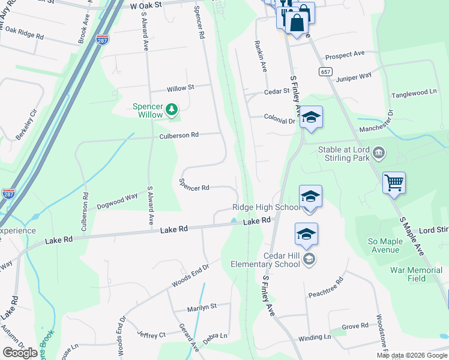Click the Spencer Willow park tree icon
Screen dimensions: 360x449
172,109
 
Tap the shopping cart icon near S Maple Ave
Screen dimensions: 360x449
394,182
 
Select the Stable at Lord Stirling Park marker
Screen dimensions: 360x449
378,153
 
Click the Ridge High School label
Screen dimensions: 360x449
266,208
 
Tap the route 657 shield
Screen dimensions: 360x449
325,71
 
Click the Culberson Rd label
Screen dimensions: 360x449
179,136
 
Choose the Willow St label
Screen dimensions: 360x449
181,88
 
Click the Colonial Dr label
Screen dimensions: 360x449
280,121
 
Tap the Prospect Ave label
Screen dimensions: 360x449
345,55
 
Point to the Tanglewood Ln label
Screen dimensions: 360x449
414,93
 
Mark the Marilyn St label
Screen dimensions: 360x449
201,306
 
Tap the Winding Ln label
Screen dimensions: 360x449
315,338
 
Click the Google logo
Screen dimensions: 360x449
20,353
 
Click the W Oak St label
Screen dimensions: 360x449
146,5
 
